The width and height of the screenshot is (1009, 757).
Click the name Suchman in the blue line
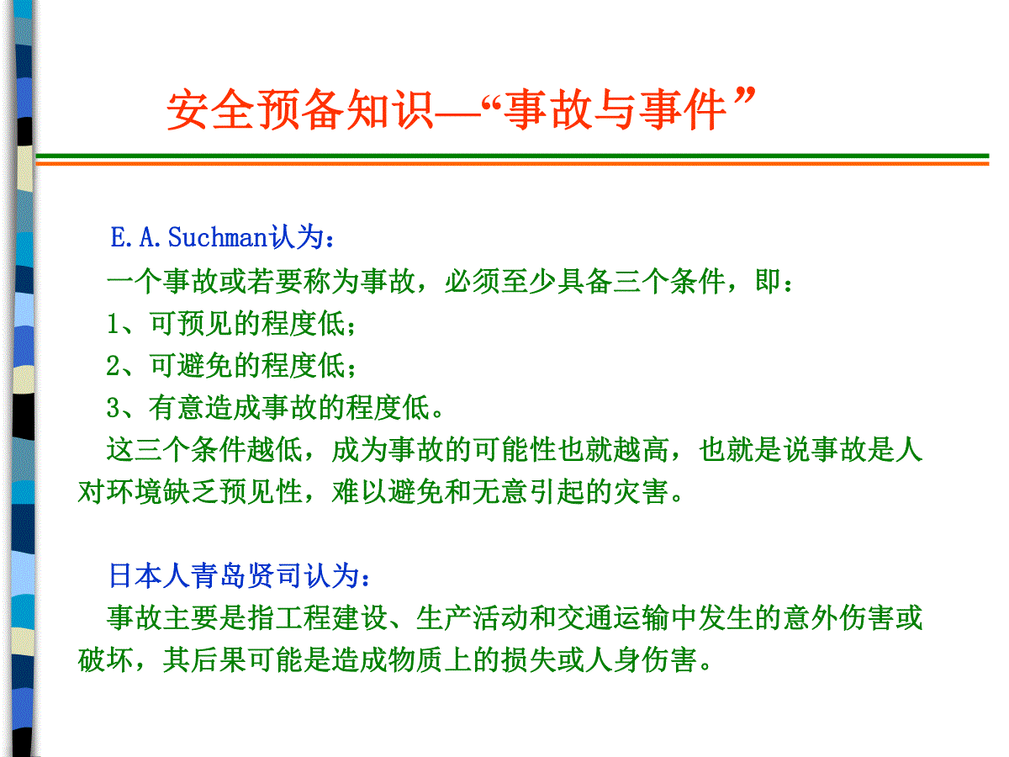pyautogui.click(x=218, y=237)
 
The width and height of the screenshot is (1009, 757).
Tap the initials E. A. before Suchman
pyautogui.click(x=135, y=237)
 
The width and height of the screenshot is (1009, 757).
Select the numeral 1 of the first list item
pyautogui.click(x=112, y=324)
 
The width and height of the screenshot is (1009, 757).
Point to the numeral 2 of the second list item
pyautogui.click(x=113, y=366)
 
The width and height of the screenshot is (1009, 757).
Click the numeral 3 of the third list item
pyautogui.click(x=113, y=408)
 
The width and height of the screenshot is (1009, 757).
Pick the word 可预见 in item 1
pyautogui.click(x=191, y=324)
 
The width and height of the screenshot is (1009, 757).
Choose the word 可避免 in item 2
pyautogui.click(x=191, y=366)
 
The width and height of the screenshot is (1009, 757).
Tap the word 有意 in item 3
pyautogui.click(x=177, y=408)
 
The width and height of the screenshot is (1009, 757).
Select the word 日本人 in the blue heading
pyautogui.click(x=150, y=575)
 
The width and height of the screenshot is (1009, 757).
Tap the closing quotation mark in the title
pyautogui.click(x=744, y=96)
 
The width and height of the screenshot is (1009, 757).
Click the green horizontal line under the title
pyautogui.click(x=513, y=156)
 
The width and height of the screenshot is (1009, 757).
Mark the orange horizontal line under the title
pyautogui.click(x=513, y=162)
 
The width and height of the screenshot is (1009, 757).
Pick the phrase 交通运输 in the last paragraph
pyautogui.click(x=615, y=617)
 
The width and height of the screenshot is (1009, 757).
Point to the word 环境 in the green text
pyautogui.click(x=134, y=492)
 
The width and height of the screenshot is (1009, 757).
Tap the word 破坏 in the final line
pyautogui.click(x=106, y=660)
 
